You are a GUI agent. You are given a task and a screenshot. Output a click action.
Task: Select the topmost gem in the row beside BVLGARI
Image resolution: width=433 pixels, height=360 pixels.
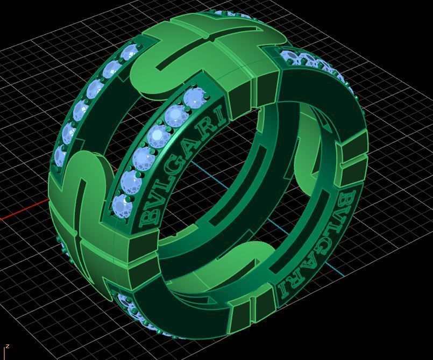pyautogui.click(x=193, y=98)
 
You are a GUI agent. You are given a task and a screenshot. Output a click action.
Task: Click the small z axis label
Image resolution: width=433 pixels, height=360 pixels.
pyautogui.click(x=8, y=347)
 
